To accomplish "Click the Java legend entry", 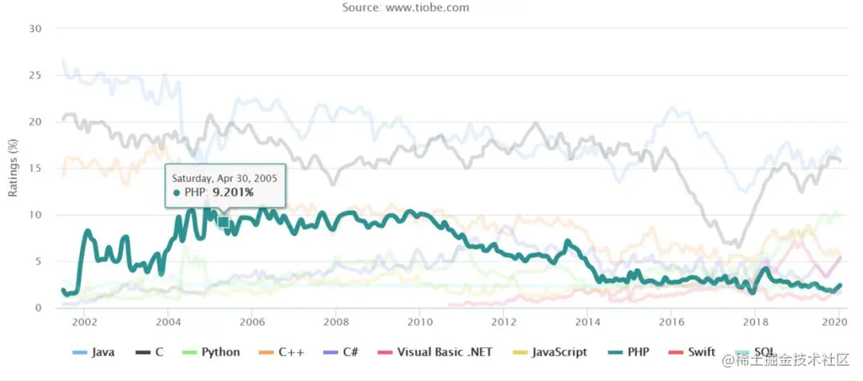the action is point(93,352).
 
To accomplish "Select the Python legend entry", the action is point(211,352).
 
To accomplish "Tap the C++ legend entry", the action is point(280,352).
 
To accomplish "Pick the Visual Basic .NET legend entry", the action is point(434,352).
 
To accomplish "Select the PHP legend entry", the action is point(626,352).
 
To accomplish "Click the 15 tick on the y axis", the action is point(34,168).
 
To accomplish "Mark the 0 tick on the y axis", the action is point(38,308).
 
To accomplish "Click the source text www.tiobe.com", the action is point(427,7).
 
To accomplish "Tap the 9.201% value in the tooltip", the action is point(233,192).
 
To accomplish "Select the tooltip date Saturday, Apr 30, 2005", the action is point(225,178).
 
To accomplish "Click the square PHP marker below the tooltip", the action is point(224,221).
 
